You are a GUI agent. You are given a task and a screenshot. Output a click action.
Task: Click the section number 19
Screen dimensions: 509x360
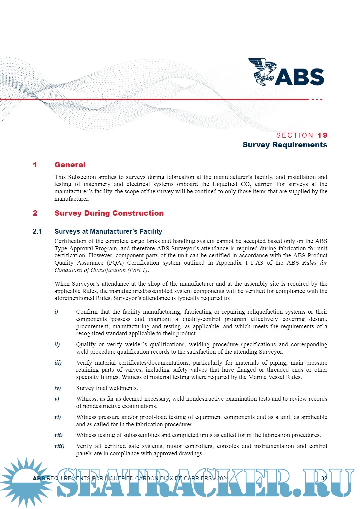322,135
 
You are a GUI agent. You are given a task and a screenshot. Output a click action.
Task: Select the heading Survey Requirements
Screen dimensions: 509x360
285,145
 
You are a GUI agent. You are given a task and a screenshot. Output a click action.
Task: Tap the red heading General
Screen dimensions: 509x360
70,165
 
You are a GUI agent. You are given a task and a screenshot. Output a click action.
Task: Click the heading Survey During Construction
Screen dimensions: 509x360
109,213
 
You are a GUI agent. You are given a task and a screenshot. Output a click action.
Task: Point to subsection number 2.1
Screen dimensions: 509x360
37,231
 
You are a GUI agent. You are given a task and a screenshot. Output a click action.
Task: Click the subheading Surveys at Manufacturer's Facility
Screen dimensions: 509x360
108,231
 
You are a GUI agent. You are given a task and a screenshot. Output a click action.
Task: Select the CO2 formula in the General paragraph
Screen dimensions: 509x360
246,185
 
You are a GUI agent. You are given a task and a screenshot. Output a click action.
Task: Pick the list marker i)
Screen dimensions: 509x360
56,312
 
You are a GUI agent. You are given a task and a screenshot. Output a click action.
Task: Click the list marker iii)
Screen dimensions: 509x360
58,363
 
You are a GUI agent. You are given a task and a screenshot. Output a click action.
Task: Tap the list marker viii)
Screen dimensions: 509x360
59,446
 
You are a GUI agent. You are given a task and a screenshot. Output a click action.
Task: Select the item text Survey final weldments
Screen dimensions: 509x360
107,388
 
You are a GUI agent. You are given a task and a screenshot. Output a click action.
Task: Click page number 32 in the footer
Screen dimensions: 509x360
324,478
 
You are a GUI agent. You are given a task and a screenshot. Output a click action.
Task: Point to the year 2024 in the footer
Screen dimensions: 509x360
223,478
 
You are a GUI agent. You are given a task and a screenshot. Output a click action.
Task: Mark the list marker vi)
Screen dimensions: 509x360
58,417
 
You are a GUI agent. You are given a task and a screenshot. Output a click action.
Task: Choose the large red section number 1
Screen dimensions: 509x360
35,165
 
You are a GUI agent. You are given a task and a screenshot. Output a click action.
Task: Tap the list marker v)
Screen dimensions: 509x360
57,399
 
